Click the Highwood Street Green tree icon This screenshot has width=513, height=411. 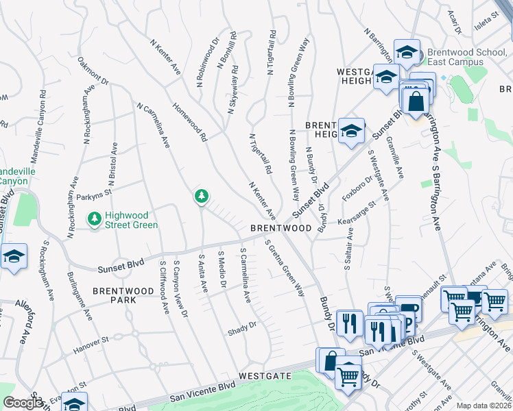[x=95, y=218]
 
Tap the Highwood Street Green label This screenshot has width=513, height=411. [x=131, y=220]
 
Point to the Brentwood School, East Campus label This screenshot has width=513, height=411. [x=465, y=57]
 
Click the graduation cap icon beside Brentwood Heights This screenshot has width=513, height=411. [x=351, y=130]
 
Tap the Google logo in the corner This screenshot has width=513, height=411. [x=23, y=403]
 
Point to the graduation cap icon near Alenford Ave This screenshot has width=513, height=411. [x=14, y=256]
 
